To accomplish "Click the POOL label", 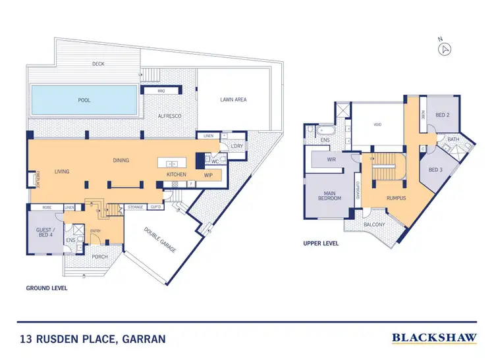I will (x=84, y=101).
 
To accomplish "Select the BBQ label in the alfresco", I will (x=160, y=91).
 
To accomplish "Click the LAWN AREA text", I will (x=233, y=100).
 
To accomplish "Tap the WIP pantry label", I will (x=208, y=174).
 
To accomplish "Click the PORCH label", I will (x=100, y=257).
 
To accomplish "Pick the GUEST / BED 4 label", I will (x=43, y=232).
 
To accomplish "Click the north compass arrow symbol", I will (x=446, y=49).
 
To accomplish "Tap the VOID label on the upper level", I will (x=377, y=124).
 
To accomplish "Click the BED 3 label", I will (x=435, y=170).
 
